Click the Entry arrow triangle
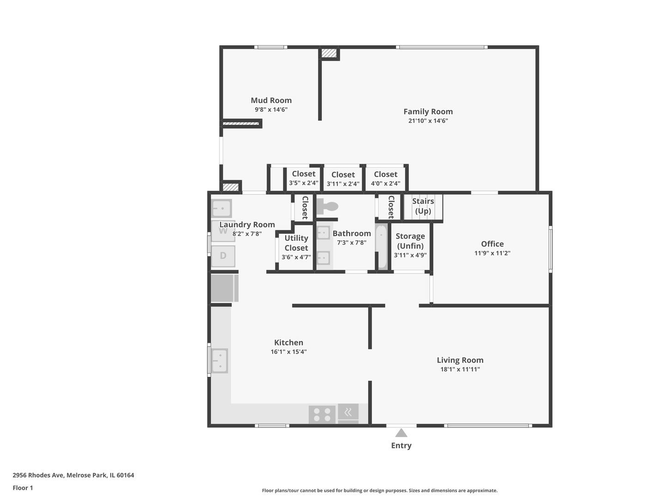coord(401,433)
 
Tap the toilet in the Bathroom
coord(326,207)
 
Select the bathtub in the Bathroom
coord(381,247)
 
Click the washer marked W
coord(223,231)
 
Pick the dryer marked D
coord(223,256)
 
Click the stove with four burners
coord(322,414)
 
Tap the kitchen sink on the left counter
coord(220,361)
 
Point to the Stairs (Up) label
coord(423,206)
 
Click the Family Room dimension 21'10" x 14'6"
coord(428,121)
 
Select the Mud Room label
coord(271,100)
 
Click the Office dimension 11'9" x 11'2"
coord(492,253)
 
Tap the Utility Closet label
coord(296,243)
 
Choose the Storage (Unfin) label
coord(410,241)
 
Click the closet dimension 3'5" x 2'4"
coord(304,183)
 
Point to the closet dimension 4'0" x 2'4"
coord(385,183)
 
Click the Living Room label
coord(460,360)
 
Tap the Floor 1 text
coord(23,488)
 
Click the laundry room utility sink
coord(221,208)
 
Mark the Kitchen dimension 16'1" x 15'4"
coord(289,352)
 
